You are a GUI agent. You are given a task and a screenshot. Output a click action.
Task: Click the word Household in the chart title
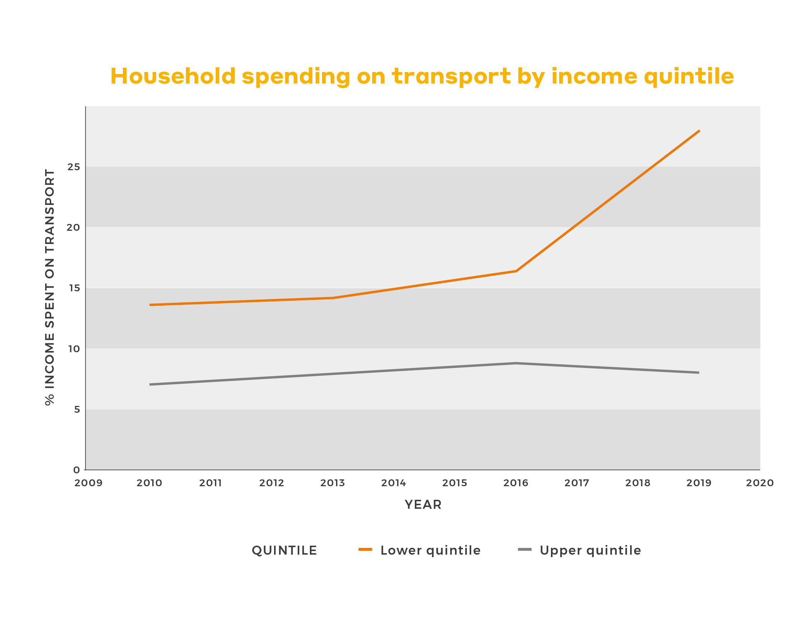(x=173, y=76)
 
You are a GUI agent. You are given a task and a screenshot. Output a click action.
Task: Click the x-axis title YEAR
(x=423, y=504)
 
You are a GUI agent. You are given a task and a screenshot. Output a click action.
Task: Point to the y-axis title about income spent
(x=49, y=287)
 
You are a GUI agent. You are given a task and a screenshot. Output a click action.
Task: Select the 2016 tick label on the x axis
(x=515, y=483)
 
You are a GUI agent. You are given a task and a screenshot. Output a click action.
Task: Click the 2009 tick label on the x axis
(x=88, y=483)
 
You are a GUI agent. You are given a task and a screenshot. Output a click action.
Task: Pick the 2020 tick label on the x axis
(x=759, y=483)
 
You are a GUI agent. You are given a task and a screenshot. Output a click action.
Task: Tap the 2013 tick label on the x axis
(x=332, y=483)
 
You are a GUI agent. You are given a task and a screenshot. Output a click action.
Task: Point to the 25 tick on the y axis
(x=73, y=167)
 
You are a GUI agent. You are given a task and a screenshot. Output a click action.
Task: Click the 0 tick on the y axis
(x=76, y=470)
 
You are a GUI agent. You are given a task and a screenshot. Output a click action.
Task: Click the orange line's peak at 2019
(x=699, y=131)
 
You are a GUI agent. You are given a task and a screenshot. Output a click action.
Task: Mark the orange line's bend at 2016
(x=515, y=271)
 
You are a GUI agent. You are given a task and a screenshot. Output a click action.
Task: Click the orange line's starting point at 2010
(x=150, y=305)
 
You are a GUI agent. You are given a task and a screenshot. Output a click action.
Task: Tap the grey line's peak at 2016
(x=515, y=363)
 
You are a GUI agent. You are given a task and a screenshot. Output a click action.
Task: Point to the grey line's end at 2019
(x=699, y=372)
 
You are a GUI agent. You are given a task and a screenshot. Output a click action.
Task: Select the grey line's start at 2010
(x=150, y=384)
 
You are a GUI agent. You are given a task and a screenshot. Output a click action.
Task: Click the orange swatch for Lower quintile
(x=365, y=550)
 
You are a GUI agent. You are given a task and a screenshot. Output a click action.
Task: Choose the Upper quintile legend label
(x=590, y=550)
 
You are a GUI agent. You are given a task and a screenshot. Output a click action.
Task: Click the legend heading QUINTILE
(x=284, y=550)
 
